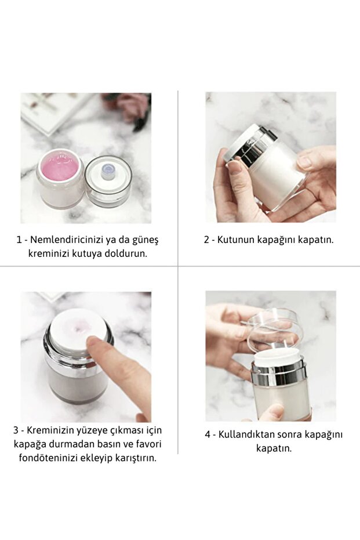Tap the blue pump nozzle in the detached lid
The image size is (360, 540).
pos(108,171)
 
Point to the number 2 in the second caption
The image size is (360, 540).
pos(206,240)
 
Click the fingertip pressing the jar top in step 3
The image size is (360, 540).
pos(93,342)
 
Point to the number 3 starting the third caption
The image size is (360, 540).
pos(16,430)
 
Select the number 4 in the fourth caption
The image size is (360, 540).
pos(208,434)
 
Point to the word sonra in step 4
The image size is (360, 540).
pos(292,434)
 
